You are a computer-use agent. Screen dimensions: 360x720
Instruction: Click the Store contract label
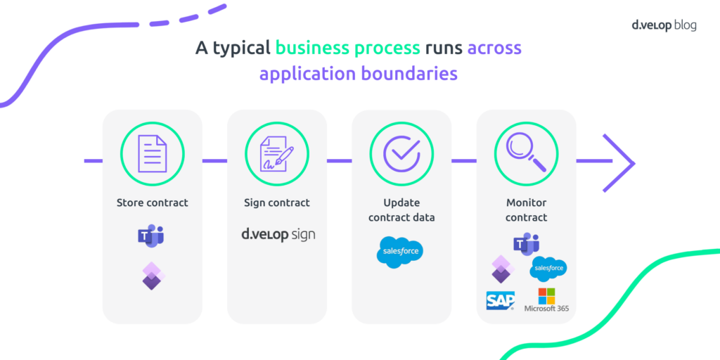tap(153, 202)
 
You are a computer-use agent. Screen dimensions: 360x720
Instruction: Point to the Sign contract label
tap(277, 202)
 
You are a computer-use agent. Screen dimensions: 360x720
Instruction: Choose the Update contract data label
tap(401, 210)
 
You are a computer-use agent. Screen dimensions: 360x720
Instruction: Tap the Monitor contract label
tap(526, 210)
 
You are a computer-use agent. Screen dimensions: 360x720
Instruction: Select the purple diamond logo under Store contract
tap(151, 276)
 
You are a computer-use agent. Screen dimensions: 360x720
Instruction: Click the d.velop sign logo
tap(278, 234)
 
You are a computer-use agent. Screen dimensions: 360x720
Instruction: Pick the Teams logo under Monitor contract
tap(526, 244)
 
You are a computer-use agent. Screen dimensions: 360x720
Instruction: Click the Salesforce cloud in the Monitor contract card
tap(549, 268)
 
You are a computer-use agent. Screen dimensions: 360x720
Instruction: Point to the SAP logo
tap(501, 300)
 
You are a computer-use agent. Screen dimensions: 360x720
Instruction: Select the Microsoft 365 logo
tap(546, 300)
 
